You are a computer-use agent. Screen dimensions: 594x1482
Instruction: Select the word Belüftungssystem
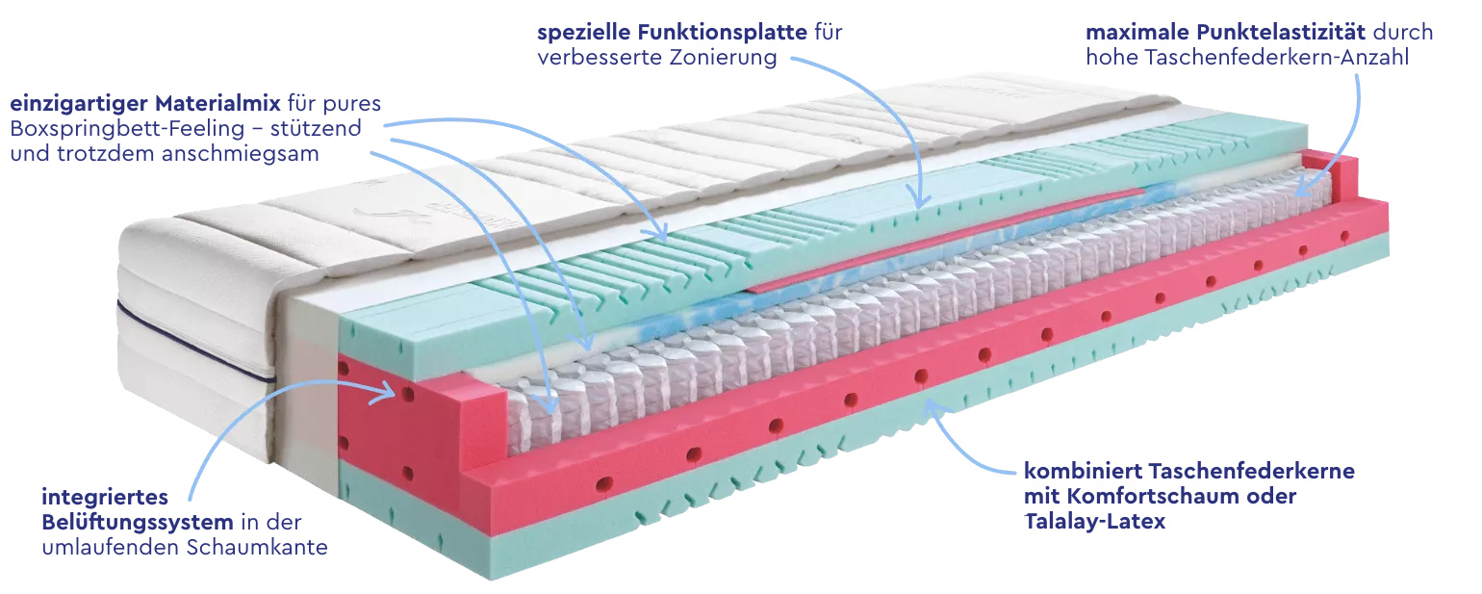tap(138, 523)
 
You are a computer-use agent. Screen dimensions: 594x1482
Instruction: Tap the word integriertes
tap(105, 498)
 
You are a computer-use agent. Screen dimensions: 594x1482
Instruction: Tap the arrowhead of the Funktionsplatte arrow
tap(921, 204)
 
